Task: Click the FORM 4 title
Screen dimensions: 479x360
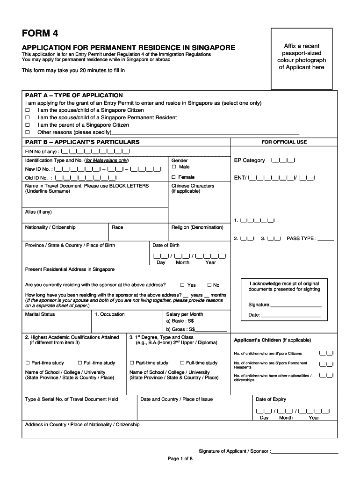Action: pyautogui.click(x=40, y=34)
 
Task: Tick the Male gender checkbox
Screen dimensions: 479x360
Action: pyautogui.click(x=174, y=167)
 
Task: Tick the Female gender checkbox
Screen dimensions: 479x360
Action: pyautogui.click(x=174, y=177)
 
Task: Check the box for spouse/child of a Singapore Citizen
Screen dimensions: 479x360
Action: pyautogui.click(x=28, y=110)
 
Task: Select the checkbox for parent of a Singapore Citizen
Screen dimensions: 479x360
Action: pyautogui.click(x=28, y=125)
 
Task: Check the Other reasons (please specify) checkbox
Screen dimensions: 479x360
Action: pyautogui.click(x=28, y=133)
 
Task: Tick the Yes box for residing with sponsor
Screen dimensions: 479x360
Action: pyautogui.click(x=183, y=285)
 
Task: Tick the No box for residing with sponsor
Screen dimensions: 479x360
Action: pyautogui.click(x=209, y=285)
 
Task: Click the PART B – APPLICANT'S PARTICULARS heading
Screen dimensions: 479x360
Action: pyautogui.click(x=82, y=142)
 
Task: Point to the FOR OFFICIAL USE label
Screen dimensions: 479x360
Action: pyautogui.click(x=284, y=142)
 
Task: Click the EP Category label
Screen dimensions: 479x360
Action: pyautogui.click(x=250, y=160)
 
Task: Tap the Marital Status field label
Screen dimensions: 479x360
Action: pyautogui.click(x=40, y=314)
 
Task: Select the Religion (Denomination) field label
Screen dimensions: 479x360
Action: pyautogui.click(x=197, y=227)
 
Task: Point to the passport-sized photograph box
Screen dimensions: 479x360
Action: pyautogui.click(x=302, y=58)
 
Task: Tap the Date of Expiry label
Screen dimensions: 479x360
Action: pyautogui.click(x=271, y=399)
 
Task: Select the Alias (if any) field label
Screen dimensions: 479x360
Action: pyautogui.click(x=38, y=212)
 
